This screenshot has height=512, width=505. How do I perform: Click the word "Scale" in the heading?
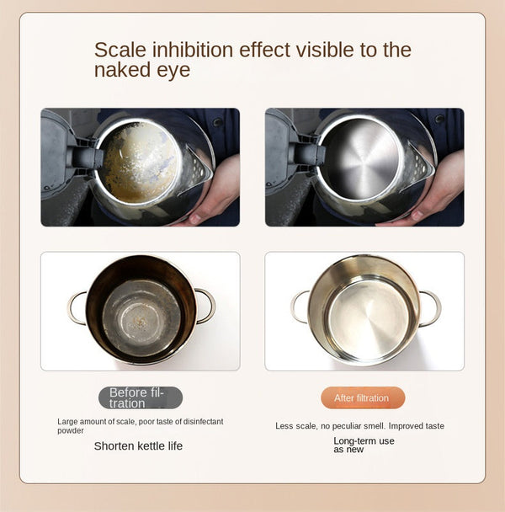(119, 50)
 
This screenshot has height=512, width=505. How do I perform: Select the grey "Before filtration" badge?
(140, 397)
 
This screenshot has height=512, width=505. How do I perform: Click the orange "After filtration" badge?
(362, 397)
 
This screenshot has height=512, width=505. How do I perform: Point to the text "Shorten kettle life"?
(138, 445)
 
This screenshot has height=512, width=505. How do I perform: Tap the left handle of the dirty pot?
(76, 307)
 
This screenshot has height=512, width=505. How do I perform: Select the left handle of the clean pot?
(299, 307)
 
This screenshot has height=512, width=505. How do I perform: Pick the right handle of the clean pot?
(431, 307)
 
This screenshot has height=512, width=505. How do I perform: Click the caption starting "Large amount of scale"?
(140, 425)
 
